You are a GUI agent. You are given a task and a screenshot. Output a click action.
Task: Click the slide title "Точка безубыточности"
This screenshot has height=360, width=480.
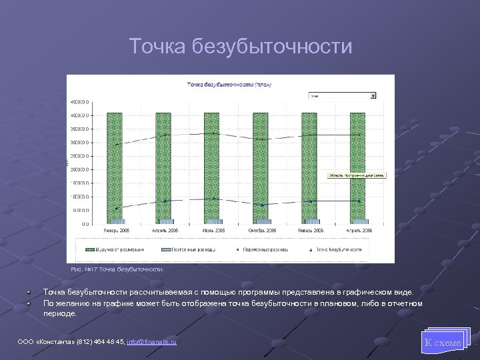tap(240, 47)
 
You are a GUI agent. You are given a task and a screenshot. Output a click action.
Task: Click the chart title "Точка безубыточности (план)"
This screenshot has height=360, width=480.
tap(229, 85)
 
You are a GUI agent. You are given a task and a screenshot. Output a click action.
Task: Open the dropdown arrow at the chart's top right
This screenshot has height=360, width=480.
tap(373, 95)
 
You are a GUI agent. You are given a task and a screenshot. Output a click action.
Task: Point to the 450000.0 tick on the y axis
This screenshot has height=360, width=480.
tap(80, 102)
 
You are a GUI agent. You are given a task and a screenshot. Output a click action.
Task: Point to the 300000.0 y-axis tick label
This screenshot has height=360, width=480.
tap(80, 143)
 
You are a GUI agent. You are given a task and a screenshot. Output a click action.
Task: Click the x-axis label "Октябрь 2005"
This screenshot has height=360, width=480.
tap(262, 230)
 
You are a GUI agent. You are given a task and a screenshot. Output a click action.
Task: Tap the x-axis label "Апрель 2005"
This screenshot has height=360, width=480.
tap(164, 230)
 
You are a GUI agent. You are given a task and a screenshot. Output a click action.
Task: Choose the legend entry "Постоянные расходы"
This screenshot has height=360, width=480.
tap(187, 249)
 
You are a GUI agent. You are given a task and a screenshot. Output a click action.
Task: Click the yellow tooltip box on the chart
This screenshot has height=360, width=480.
tap(357, 175)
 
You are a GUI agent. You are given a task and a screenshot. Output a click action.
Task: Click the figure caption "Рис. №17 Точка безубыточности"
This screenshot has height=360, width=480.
tap(117, 269)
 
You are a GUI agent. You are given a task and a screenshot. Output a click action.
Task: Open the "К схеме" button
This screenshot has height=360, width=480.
tap(443, 343)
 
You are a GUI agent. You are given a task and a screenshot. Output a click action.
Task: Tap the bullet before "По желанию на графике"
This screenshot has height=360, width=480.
tap(29, 303)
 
